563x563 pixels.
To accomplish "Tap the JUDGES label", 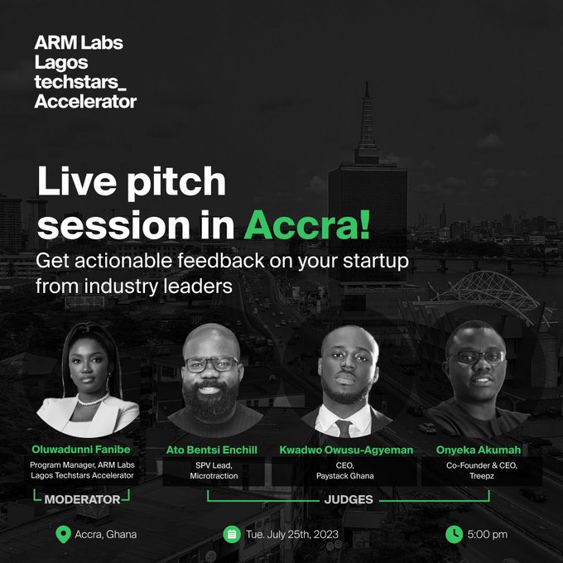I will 348,500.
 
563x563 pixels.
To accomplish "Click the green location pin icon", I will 61,533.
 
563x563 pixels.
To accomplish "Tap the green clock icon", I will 454,534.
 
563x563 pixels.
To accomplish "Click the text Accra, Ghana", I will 106,534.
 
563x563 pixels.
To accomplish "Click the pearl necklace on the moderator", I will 93,402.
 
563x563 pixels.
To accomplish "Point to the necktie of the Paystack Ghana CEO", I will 343,427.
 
